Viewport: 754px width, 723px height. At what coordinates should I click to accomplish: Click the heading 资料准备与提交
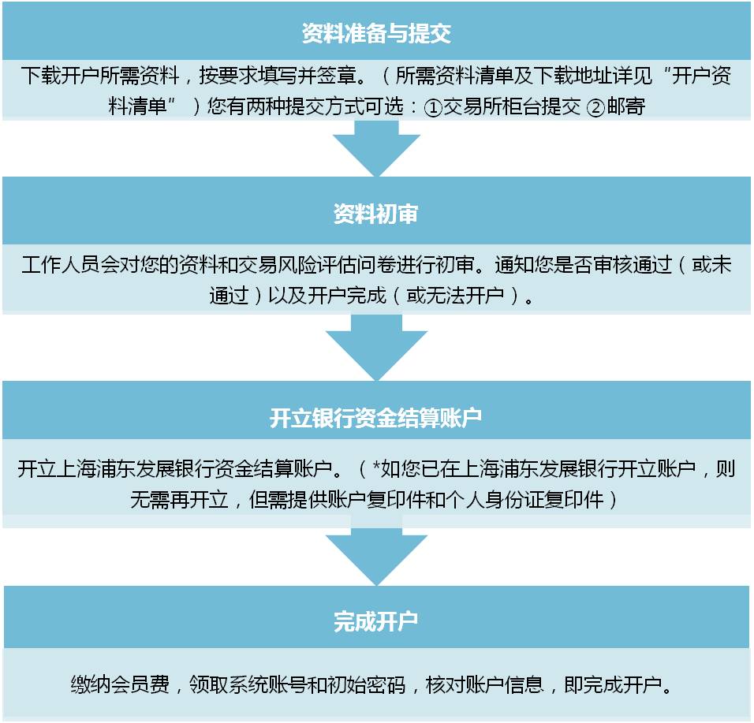(x=376, y=33)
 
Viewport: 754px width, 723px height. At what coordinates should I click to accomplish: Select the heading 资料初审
(x=376, y=214)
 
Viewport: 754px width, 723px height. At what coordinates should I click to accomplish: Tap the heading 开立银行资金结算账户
(x=375, y=418)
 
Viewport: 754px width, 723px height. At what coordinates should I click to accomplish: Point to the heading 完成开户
(x=376, y=621)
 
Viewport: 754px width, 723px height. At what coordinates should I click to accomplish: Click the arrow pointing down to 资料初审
(x=376, y=148)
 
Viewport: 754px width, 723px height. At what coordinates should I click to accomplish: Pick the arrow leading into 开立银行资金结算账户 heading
(x=376, y=348)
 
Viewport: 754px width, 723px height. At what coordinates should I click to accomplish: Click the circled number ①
(x=433, y=107)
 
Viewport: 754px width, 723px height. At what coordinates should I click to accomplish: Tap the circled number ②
(x=595, y=107)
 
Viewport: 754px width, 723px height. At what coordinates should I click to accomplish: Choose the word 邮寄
(x=625, y=106)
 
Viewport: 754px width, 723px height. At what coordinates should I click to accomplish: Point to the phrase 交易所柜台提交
(x=512, y=106)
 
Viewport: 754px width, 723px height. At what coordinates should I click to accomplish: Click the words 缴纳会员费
(x=120, y=684)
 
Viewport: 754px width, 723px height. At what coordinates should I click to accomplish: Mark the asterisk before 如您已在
(x=376, y=465)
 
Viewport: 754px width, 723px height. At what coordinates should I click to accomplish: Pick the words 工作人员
(x=61, y=265)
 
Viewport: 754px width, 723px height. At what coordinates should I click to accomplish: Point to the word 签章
(x=337, y=76)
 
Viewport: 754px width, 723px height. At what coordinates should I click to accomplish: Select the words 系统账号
(x=268, y=684)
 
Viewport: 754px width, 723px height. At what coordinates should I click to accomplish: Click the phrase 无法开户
(x=455, y=296)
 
